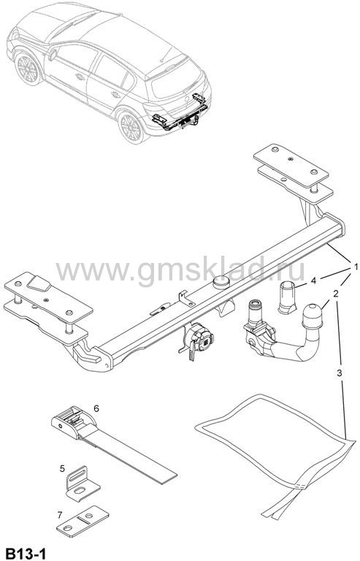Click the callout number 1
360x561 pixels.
coord(356,267)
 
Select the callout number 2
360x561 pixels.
coord(336,294)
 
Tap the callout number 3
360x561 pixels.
coord(340,373)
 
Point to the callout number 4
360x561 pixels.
coord(313,280)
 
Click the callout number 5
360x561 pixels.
coord(62,468)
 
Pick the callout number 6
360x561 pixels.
coord(96,408)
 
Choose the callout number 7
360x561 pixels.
coord(60,515)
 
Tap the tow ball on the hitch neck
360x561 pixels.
coord(312,316)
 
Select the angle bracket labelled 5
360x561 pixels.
coord(83,484)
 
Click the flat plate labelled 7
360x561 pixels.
coord(83,521)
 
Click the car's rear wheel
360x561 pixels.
coord(131,127)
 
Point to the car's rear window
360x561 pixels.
coord(176,80)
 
